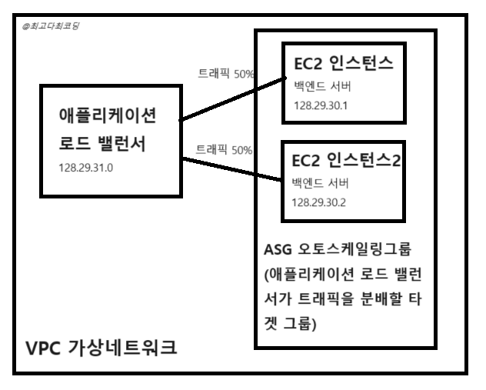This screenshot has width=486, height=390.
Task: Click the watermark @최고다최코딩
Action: click(x=52, y=26)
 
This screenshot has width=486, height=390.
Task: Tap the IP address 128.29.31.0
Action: click(x=85, y=167)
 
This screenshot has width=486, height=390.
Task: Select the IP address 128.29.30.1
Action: click(x=321, y=105)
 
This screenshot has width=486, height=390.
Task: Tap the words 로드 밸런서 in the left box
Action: click(x=102, y=143)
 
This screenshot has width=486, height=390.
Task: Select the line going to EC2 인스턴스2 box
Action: click(x=231, y=170)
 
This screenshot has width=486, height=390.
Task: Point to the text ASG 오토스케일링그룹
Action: click(x=339, y=252)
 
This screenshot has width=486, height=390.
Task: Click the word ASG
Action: click(x=278, y=252)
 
